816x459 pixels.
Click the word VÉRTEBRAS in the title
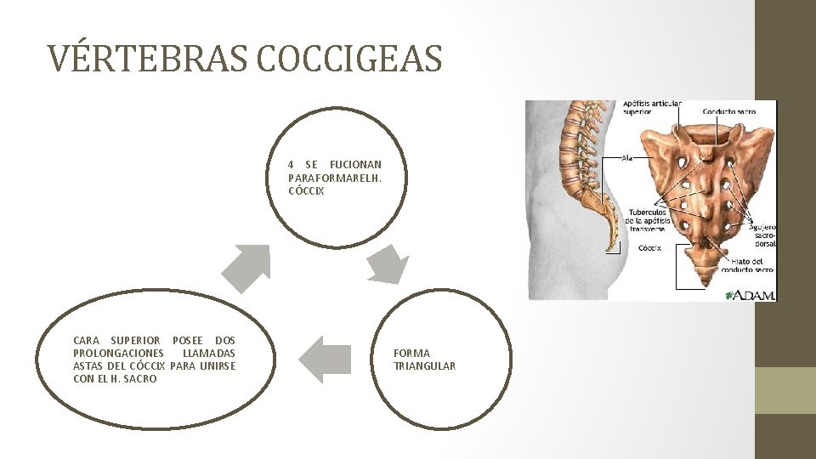[x=145, y=59]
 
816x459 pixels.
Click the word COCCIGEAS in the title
[x=348, y=59]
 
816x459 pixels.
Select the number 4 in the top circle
[x=292, y=164]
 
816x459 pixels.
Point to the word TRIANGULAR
[x=424, y=365]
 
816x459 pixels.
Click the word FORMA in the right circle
[x=411, y=353]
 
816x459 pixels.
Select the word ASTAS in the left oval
[x=89, y=365]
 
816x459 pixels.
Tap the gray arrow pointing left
[x=326, y=358]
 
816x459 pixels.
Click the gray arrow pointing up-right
[x=246, y=267]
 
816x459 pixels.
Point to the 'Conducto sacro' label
[x=729, y=111]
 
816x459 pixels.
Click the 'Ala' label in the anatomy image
[x=627, y=157]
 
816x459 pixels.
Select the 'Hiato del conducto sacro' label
[x=747, y=265]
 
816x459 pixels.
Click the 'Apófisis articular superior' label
[x=652, y=107]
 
